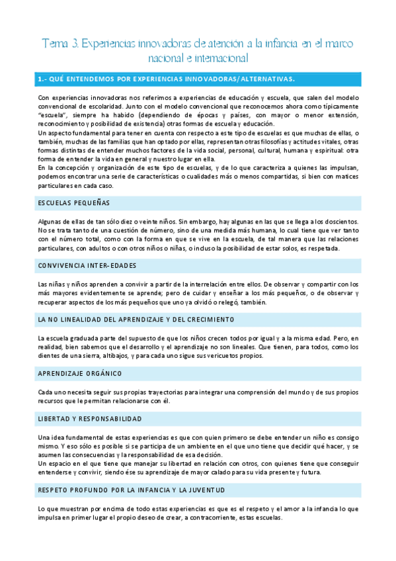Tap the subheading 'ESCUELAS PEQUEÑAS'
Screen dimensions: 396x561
click(74, 203)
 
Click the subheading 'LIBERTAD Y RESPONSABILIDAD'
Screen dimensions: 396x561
click(90, 419)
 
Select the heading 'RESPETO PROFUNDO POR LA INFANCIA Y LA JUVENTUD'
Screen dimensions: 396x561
click(132, 490)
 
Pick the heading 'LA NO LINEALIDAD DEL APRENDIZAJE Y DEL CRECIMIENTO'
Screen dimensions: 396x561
click(136, 320)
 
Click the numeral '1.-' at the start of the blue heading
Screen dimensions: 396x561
click(43, 79)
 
